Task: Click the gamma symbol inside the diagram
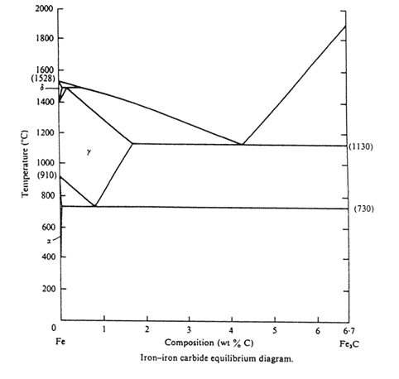coord(86,152)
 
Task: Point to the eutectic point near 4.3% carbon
coord(241,144)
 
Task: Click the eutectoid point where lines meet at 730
coord(95,206)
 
